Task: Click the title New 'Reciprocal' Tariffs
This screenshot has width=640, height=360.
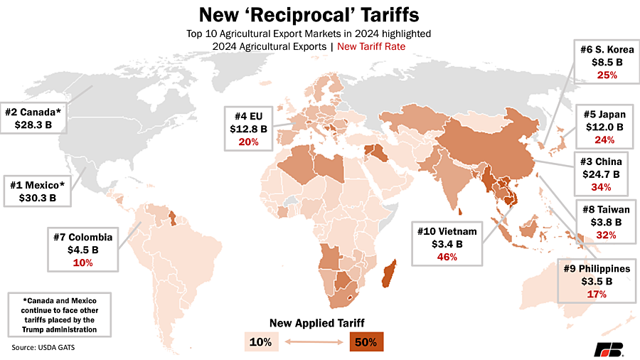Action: click(319, 14)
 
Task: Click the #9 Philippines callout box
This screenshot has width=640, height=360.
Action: click(595, 281)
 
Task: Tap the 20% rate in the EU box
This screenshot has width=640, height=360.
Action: click(249, 142)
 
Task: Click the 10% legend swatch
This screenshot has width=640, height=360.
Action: click(260, 342)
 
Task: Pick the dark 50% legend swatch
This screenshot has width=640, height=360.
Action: click(366, 342)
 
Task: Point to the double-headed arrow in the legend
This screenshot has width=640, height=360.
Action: click(312, 342)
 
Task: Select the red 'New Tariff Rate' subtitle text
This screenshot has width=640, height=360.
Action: click(377, 46)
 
